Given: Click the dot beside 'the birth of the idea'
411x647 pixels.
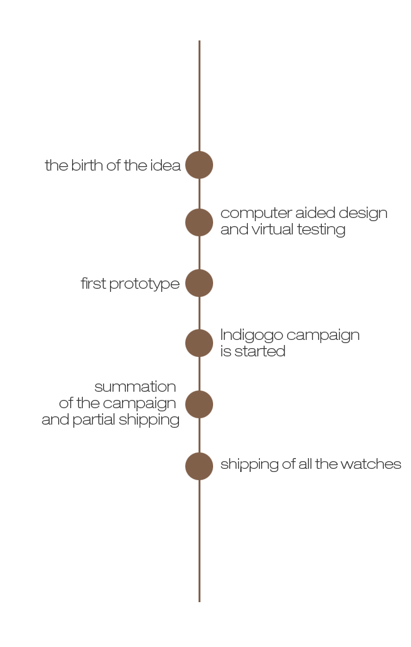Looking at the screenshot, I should [199, 165].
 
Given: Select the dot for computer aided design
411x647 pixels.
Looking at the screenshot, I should [199, 222].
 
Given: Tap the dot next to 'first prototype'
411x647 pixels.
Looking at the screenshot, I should [199, 283].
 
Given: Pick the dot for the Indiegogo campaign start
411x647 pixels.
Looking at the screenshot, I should [199, 343].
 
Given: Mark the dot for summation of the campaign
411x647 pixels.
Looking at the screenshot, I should [199, 404].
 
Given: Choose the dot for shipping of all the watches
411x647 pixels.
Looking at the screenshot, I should [199, 466].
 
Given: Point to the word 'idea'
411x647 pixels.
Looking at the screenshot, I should [166, 166].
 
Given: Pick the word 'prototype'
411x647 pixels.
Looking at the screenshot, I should [144, 284].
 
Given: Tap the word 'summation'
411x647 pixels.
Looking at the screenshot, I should [135, 387].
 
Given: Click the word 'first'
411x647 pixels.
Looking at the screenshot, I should [93, 284].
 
